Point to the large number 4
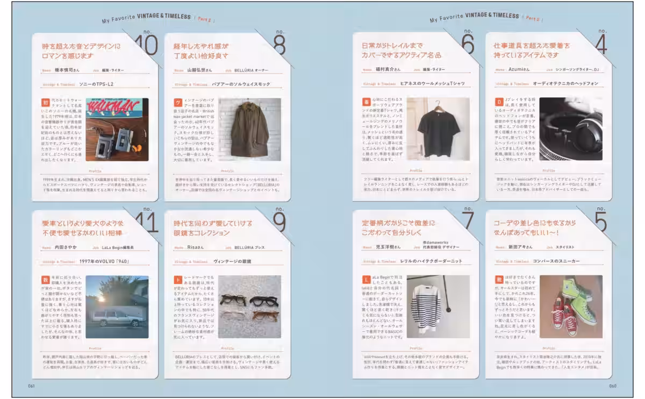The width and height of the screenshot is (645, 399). coord(600,46)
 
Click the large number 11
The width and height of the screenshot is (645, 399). coord(144,222)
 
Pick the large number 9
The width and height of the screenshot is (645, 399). coord(279,222)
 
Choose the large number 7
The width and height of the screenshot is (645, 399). coord(468,222)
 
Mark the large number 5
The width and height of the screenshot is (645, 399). coord(600,222)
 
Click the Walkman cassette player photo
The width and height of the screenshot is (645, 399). coord(117,129)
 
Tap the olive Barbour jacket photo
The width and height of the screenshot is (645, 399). coord(249,129)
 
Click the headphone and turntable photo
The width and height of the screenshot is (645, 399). coord(570,129)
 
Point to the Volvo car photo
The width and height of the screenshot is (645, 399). coord(117,307)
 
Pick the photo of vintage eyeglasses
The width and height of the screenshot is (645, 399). coord(249,307)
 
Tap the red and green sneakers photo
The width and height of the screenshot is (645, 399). coord(570,307)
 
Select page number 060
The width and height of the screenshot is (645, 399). coord(613,386)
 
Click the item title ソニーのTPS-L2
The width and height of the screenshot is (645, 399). coord(96,84)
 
